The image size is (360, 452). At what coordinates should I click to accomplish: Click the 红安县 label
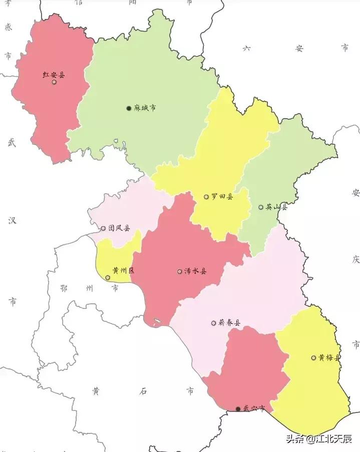coord(54,75)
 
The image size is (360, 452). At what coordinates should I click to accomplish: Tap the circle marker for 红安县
coord(54,82)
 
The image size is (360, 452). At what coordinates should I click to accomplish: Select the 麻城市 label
coord(145,108)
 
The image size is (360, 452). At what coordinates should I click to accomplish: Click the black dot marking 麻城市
coord(129,108)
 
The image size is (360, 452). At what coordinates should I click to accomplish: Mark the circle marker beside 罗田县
coord(206,197)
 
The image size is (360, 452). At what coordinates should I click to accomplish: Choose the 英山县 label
coord(276,207)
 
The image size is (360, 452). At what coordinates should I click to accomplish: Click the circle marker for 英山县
coord(260,207)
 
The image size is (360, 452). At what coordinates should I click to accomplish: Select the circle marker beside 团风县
coord(103,228)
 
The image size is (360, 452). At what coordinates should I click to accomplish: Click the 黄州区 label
coord(124,271)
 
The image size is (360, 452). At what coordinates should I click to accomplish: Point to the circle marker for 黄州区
coord(108,277)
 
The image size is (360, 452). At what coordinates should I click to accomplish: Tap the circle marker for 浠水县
coord(179,271)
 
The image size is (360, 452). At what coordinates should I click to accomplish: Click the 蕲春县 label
coord(229,323)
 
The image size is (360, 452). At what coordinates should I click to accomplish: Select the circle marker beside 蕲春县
coord(214,323)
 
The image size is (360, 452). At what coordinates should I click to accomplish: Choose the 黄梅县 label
coord(329,357)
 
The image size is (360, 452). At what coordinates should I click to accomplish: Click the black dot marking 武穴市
coord(237,409)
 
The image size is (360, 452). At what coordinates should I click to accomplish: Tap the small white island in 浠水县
coord(156,321)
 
